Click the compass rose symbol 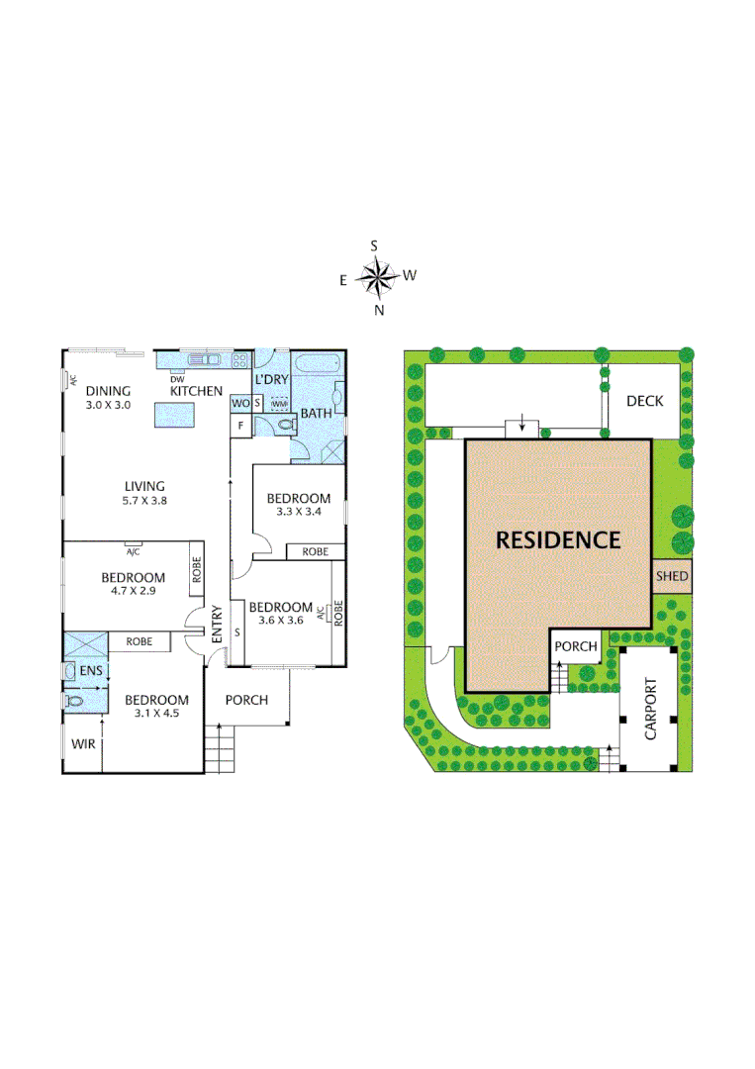point(377,276)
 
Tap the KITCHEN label point(196,391)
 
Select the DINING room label point(107,390)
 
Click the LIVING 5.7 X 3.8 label point(143,493)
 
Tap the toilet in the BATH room point(284,426)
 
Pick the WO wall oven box point(239,403)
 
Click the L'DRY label point(270,380)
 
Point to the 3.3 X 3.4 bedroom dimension point(299,512)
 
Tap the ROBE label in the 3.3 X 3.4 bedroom point(315,551)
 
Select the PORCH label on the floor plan point(246,700)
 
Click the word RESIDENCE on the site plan point(558,540)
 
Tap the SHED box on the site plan point(672,576)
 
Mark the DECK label point(644,401)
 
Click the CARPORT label point(650,709)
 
